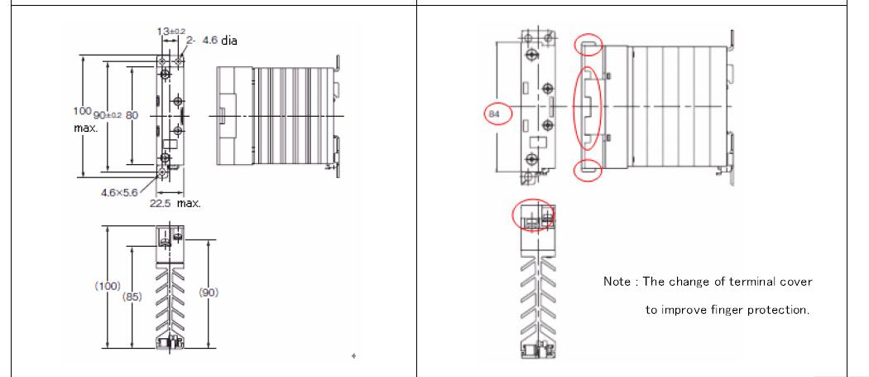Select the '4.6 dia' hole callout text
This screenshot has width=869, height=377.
tap(220, 41)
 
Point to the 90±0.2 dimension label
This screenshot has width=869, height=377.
tap(108, 115)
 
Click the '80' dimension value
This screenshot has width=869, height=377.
tap(132, 115)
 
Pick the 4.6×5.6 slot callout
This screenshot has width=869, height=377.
tap(119, 193)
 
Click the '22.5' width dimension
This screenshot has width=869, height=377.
tap(161, 203)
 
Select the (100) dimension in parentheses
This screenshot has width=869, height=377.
tap(107, 286)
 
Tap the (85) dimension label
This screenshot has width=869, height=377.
tap(132, 297)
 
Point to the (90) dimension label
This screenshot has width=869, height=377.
tap(209, 292)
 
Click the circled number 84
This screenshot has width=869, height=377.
tap(492, 114)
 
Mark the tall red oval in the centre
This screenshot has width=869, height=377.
tap(574, 109)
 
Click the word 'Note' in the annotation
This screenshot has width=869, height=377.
tap(617, 282)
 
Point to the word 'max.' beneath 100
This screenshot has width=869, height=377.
tap(85, 128)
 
